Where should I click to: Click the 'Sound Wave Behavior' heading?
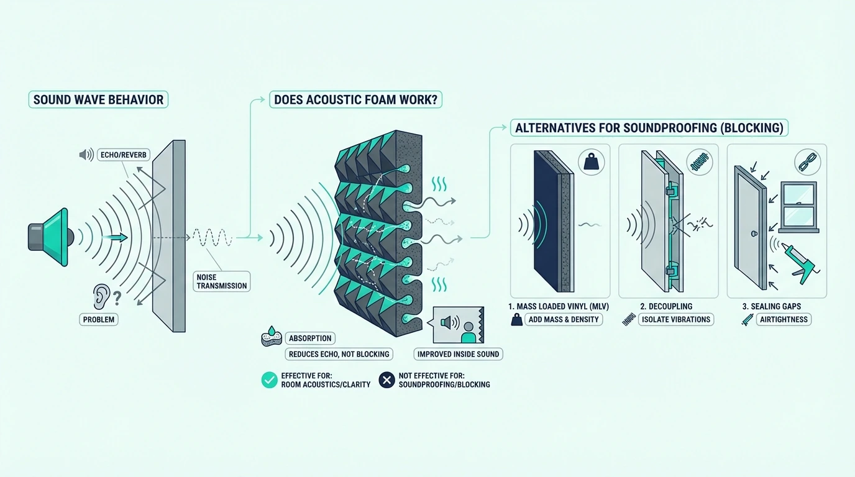coord(98,99)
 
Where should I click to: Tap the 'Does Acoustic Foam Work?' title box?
coord(355,99)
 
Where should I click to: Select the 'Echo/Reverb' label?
coord(123,155)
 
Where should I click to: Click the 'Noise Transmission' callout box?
coord(221,281)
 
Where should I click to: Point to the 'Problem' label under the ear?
coord(98,319)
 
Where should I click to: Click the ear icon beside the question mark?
coord(101,296)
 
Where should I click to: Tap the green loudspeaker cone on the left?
coord(55,237)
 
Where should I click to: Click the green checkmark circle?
coord(270,380)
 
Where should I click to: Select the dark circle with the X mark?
coord(386,380)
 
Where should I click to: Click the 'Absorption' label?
coord(310,338)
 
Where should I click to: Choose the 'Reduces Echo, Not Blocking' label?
coord(339,354)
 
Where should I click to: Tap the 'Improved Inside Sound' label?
coord(458,354)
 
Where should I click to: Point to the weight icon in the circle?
coord(592,162)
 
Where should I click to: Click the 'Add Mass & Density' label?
coord(564,319)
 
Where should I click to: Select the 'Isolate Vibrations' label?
coord(676,319)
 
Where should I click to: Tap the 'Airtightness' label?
coord(784,319)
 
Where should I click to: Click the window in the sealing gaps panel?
coord(798,207)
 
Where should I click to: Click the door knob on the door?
coord(754,234)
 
